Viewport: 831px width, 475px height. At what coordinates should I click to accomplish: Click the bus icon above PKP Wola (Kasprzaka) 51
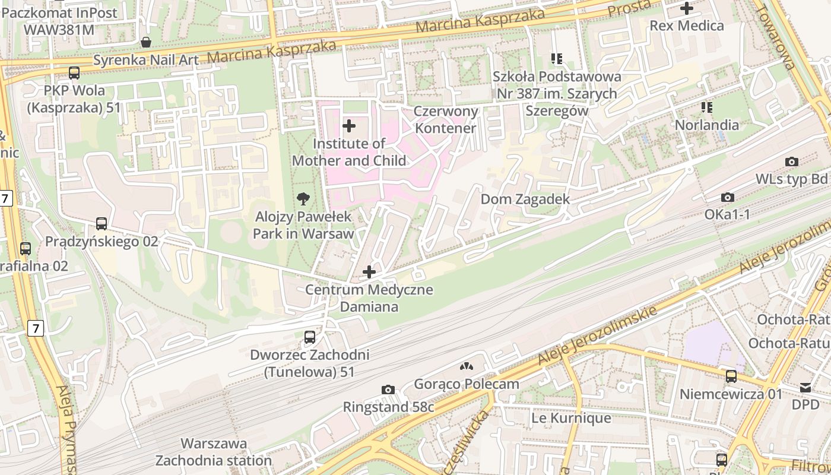(x=74, y=73)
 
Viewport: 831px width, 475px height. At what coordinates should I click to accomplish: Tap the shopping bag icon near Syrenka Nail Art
(x=145, y=42)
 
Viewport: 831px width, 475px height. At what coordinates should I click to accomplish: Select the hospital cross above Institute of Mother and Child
(x=349, y=126)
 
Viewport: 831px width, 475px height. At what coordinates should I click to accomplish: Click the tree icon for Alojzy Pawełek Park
(x=303, y=199)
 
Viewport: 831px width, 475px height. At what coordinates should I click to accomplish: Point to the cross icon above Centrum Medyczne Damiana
(x=369, y=272)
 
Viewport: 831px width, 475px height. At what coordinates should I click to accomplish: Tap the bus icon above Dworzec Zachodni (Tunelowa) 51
(x=309, y=337)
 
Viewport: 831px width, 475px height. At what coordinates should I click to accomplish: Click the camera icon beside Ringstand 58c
(x=388, y=389)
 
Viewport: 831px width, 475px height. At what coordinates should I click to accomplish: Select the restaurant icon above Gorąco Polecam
(x=467, y=366)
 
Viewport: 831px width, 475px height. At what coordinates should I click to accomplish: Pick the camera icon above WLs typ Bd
(x=791, y=161)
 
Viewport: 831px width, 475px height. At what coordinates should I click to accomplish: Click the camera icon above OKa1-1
(x=727, y=197)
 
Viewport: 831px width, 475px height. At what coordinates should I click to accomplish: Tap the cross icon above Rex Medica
(x=687, y=8)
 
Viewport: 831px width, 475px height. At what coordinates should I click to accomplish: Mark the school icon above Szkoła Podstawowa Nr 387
(x=556, y=59)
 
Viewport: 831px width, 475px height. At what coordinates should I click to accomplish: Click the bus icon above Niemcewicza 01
(x=731, y=376)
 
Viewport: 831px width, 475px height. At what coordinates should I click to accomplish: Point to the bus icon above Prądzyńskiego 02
(x=102, y=224)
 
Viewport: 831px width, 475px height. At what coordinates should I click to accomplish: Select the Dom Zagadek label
(x=525, y=199)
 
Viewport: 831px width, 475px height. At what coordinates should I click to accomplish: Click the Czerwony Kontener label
(x=445, y=120)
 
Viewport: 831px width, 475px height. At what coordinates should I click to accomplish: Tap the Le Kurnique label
(x=570, y=418)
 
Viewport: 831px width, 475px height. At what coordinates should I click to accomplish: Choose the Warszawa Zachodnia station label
(x=213, y=452)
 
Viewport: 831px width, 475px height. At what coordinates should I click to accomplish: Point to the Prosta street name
(x=629, y=9)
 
